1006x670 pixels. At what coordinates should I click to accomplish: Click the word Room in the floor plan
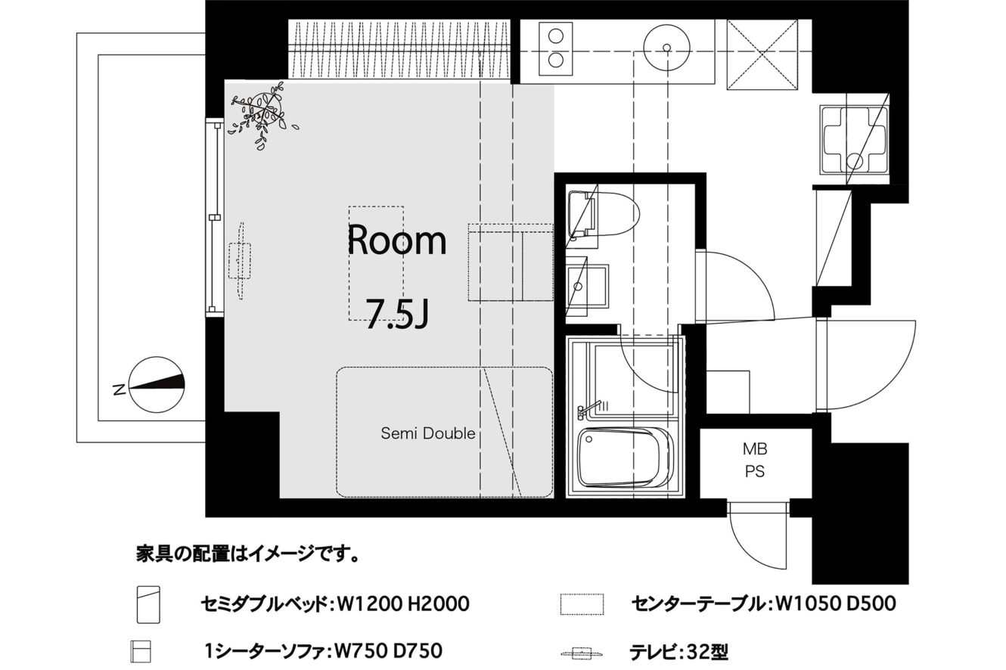397,240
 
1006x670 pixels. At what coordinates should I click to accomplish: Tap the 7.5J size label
397,313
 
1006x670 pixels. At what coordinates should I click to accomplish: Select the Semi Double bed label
427,433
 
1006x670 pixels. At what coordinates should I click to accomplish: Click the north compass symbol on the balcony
157,384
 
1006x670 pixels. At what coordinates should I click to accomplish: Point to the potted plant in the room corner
264,113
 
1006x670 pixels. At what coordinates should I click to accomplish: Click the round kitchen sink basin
666,47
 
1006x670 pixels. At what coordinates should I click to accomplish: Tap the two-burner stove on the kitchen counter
556,48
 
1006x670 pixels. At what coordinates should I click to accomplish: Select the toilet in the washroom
603,214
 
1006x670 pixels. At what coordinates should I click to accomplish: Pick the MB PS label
755,461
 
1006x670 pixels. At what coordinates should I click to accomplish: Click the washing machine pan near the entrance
854,140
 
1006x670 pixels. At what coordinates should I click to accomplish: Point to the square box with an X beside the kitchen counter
762,54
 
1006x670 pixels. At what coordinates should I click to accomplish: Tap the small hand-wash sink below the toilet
586,287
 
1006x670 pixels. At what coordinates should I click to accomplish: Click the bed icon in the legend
149,604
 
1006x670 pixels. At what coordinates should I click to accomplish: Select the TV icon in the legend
582,653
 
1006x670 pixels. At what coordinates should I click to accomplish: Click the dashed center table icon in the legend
582,604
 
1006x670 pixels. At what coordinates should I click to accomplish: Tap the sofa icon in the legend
141,652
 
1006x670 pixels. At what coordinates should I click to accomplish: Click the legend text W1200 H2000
403,604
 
